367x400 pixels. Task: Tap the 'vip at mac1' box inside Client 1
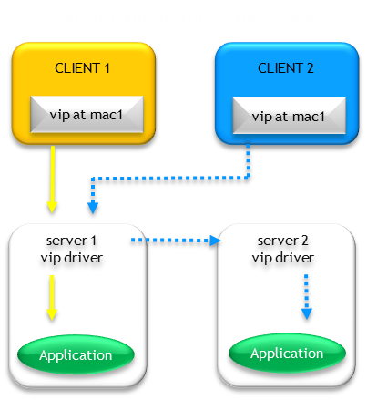(84, 116)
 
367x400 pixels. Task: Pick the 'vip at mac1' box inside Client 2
(287, 116)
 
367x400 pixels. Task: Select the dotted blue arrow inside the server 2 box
(306, 295)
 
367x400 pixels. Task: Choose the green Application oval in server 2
(287, 354)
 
